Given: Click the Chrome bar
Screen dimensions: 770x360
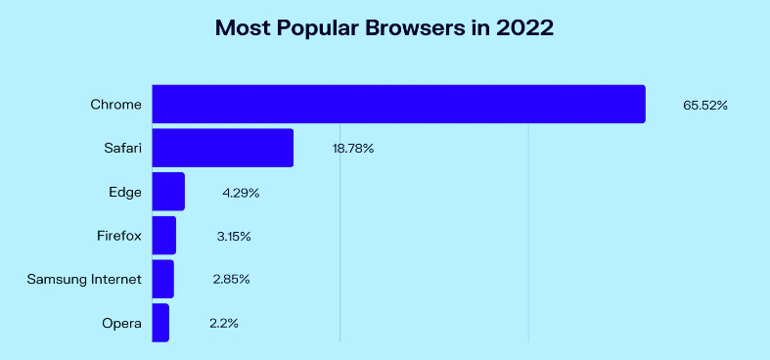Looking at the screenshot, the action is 399,104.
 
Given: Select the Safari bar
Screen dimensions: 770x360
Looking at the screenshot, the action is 223,148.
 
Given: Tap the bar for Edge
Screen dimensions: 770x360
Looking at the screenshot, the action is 168,192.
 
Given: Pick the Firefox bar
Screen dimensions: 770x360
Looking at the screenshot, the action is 164,235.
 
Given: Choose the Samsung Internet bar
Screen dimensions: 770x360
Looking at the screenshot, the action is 163,279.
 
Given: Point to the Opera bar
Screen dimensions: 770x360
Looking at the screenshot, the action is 160,323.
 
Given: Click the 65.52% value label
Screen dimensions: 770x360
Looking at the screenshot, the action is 705,105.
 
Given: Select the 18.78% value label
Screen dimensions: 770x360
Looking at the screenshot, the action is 352,149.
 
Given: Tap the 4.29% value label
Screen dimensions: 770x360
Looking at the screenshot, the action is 241,193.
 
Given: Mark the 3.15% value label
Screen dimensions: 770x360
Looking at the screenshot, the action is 234,236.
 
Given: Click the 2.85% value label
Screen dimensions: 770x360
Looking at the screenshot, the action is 231,280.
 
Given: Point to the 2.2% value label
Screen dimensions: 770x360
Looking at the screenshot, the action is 224,323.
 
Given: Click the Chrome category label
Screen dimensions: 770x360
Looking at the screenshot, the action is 115,105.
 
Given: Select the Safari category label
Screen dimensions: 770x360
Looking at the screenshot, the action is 122,148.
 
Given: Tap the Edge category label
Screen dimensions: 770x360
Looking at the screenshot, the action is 125,193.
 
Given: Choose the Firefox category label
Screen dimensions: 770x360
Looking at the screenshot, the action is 119,236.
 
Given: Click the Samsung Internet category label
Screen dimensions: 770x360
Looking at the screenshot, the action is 84,280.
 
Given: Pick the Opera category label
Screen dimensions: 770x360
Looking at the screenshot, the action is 121,324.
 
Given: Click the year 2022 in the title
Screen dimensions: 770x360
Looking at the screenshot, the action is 525,28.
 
